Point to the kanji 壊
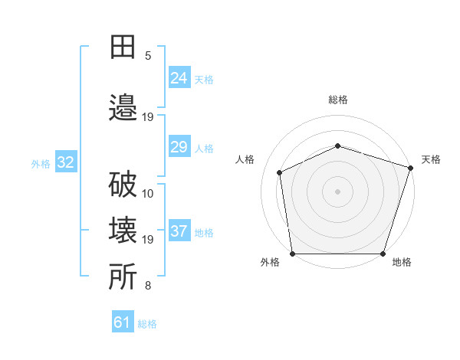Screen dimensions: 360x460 [x=123, y=230]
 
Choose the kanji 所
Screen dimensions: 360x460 [x=123, y=277]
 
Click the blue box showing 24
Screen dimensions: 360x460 [x=179, y=77]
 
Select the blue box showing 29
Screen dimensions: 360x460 [x=179, y=147]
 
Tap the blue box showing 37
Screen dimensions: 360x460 [x=179, y=231]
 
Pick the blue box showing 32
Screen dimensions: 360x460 [x=65, y=162]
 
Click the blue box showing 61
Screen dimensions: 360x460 [x=123, y=322]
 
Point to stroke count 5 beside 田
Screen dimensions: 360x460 [x=148, y=56]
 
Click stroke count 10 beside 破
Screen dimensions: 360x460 [x=148, y=193]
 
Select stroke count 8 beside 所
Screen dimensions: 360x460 [x=148, y=286]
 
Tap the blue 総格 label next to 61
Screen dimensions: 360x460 [x=147, y=324]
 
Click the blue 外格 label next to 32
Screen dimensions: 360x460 [x=41, y=164]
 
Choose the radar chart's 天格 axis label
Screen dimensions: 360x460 [x=431, y=159]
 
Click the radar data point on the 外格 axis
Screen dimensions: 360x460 [x=292, y=254]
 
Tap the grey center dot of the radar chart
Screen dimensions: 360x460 [x=337, y=191]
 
